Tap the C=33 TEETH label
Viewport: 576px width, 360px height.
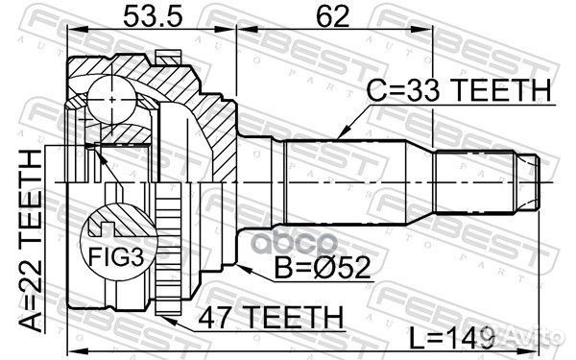pos(459,91)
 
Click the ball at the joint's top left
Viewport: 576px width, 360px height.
pos(112,98)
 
